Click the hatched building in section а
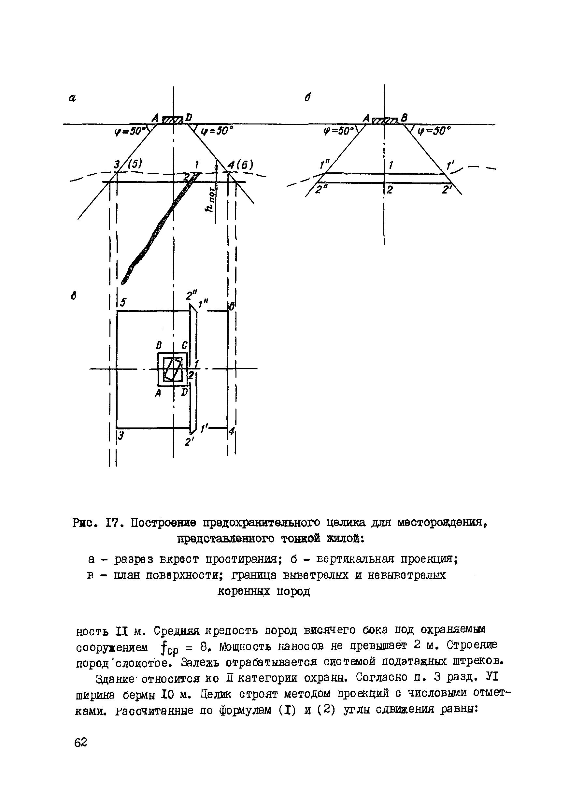coord(172,120)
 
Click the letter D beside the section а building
coord(188,117)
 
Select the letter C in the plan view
coord(184,346)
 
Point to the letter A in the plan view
coord(158,393)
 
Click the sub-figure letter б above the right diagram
coord(307,98)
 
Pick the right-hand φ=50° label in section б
coord(434,131)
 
